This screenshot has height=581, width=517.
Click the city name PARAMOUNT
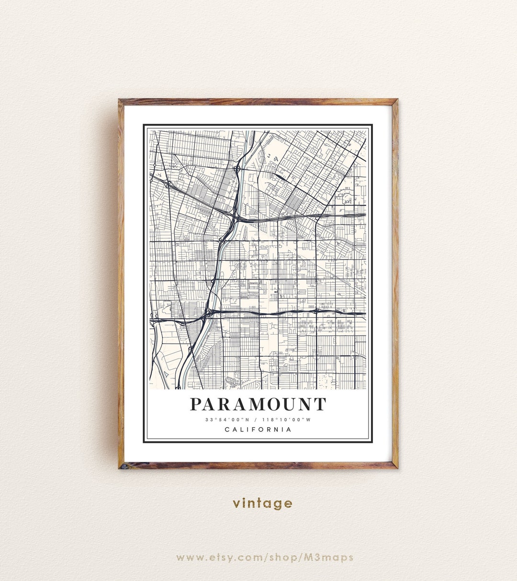[x=258, y=404]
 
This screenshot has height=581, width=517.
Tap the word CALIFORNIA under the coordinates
[x=258, y=430]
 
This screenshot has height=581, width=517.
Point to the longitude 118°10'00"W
[x=287, y=420]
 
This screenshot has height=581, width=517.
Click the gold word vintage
[x=262, y=503]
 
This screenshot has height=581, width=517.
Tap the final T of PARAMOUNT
[x=320, y=404]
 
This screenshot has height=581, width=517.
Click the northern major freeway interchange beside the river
[x=235, y=218]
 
